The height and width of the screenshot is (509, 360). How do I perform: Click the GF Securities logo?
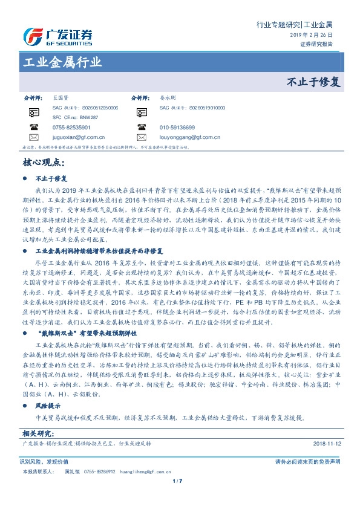coord(57,37)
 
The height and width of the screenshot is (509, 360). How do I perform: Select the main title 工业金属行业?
coord(62,63)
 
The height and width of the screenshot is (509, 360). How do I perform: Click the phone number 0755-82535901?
coord(71,128)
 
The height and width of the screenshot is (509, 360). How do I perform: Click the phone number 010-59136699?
coord(177,128)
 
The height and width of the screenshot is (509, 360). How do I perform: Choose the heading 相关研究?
coord(39,433)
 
